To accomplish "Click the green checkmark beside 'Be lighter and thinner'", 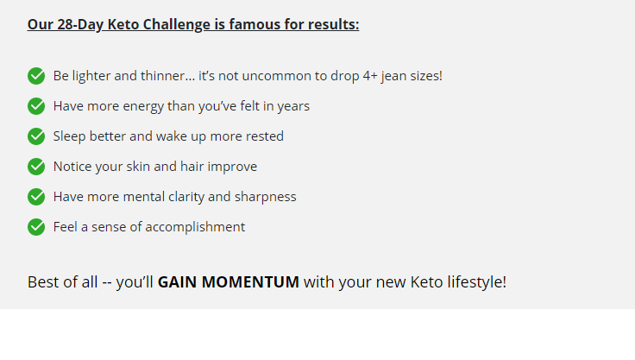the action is (x=36, y=76).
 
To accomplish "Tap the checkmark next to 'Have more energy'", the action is (x=36, y=106).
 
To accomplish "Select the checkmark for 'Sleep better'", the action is (x=36, y=136).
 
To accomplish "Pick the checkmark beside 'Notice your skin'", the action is (x=36, y=167).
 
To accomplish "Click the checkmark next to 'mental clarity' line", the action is (x=36, y=197).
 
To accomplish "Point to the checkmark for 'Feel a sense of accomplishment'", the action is (x=36, y=227).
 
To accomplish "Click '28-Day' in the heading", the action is (x=80, y=25).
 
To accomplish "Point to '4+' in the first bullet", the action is (x=370, y=76).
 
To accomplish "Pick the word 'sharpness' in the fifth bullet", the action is (x=265, y=197).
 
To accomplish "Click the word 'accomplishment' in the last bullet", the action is (x=195, y=227).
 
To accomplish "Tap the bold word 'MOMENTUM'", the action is (x=250, y=282).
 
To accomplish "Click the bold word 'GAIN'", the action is (x=178, y=282).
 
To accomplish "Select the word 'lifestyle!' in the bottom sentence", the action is (x=476, y=282).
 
